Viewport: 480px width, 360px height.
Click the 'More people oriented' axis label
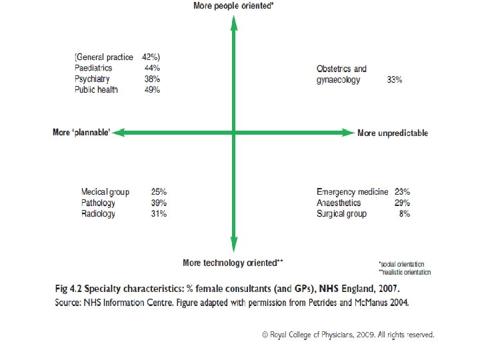233,6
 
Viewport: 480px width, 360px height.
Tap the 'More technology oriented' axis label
233,263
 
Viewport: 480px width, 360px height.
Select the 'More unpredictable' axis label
393,133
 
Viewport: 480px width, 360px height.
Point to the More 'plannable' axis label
81,132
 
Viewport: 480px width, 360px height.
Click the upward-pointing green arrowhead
234,23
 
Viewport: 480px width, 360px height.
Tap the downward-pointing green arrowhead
234,244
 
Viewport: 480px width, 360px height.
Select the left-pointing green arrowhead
119,133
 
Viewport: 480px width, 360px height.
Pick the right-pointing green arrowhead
349,133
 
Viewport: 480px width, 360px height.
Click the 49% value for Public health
152,90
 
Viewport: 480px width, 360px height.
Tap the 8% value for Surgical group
405,214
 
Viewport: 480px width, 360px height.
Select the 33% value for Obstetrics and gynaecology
394,79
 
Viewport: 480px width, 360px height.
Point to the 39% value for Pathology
159,203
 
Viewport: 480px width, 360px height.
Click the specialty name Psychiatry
92,79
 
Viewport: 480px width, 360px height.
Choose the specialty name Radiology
98,214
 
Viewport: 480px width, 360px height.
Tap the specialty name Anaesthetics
339,203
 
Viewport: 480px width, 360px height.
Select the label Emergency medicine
353,192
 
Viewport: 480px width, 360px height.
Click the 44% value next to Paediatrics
152,67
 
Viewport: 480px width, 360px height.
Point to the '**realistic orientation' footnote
405,272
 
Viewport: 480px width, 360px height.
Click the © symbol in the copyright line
265,335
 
